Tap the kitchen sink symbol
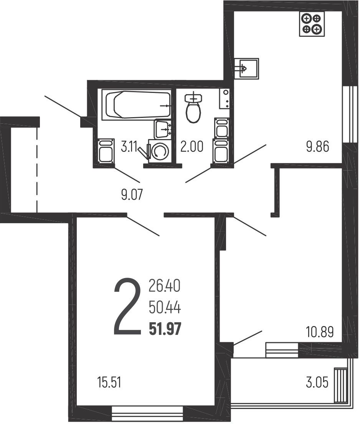pyautogui.click(x=246, y=68)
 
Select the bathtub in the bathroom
pyautogui.click(x=136, y=104)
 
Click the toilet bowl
pyautogui.click(x=193, y=108)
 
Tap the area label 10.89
pyautogui.click(x=320, y=332)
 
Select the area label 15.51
pyautogui.click(x=109, y=383)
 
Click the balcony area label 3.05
pyautogui.click(x=317, y=383)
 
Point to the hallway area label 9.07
pyautogui.click(x=132, y=195)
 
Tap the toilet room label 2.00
pyautogui.click(x=192, y=147)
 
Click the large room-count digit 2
pyautogui.click(x=127, y=307)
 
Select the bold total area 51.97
pyautogui.click(x=165, y=330)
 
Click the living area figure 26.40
pyautogui.click(x=164, y=286)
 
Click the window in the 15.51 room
pyautogui.click(x=148, y=414)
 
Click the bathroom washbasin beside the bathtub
pyautogui.click(x=162, y=129)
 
